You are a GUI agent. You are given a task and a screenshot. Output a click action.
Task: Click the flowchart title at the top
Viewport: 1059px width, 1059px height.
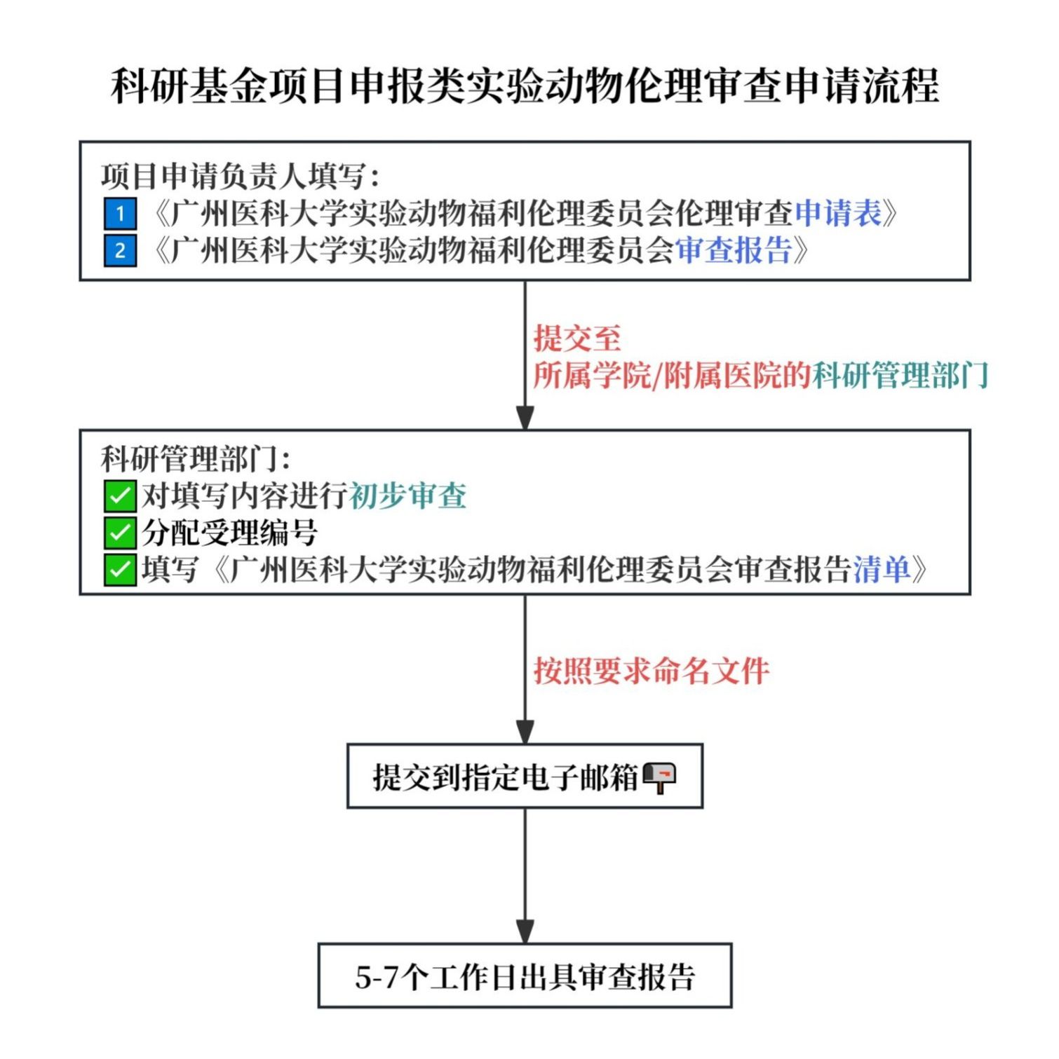[x=525, y=86]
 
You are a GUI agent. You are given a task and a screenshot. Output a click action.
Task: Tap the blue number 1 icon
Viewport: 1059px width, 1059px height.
[x=120, y=213]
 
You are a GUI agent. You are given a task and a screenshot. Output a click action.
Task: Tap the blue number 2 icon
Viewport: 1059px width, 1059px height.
[x=120, y=250]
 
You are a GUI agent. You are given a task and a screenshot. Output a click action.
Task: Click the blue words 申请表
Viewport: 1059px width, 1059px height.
[x=838, y=213]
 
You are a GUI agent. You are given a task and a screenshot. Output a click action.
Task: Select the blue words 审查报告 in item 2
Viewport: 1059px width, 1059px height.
[x=734, y=250]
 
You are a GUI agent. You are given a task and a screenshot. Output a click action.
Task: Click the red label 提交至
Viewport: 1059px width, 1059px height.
[x=577, y=338]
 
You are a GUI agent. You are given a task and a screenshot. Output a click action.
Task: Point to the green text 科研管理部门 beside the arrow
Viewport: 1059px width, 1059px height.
[x=901, y=375]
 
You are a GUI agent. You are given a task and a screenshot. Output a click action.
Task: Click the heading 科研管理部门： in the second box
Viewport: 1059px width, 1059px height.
[x=196, y=459]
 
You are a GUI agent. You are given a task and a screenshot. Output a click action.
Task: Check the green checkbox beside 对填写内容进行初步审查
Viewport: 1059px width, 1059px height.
[x=120, y=496]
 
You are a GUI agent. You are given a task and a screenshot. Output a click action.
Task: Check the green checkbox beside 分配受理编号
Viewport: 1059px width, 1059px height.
[x=120, y=533]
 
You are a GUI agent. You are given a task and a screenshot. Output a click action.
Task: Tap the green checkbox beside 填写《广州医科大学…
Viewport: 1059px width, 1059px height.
[x=120, y=570]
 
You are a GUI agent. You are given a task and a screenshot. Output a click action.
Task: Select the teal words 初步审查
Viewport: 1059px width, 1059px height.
[x=407, y=496]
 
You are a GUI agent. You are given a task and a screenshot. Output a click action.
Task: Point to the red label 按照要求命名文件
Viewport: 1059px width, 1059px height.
[x=652, y=671]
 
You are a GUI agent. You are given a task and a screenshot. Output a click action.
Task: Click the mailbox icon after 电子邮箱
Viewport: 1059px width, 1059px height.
[x=659, y=777]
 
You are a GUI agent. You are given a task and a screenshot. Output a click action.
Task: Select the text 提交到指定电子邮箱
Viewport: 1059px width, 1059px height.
[x=505, y=777]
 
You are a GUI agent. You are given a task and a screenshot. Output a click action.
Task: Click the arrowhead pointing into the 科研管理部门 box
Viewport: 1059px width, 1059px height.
[x=525, y=418]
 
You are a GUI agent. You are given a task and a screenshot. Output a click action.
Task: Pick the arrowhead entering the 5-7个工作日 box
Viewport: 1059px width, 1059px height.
[x=525, y=931]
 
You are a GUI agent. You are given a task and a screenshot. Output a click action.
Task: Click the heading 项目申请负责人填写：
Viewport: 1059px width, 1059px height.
[x=241, y=176]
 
